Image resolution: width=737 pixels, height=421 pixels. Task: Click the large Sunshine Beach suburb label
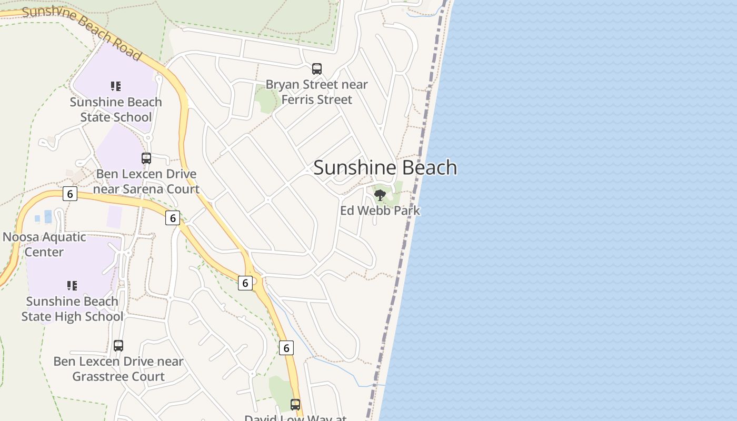coord(385,167)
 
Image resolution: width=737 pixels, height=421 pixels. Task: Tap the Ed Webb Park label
coord(380,210)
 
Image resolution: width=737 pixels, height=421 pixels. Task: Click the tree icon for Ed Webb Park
coord(380,195)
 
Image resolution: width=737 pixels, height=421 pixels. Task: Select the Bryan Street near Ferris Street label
coord(316,92)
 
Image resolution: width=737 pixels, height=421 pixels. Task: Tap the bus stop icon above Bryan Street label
coord(316,68)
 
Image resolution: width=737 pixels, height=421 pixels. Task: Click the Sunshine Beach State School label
coord(116,109)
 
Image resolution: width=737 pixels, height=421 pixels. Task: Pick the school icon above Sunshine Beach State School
coord(116,86)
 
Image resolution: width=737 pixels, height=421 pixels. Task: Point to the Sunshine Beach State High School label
coord(72,309)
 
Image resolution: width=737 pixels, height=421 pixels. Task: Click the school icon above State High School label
coord(72,286)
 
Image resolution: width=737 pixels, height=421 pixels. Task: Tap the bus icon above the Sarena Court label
coord(146,158)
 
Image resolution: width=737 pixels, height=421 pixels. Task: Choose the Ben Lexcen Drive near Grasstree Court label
coord(118,369)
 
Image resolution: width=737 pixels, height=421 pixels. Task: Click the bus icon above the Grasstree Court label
coord(118,346)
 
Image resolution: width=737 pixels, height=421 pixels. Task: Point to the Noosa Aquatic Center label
coord(44,244)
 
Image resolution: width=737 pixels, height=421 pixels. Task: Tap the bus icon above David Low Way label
coord(295,404)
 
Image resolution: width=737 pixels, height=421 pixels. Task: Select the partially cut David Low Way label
coord(295,418)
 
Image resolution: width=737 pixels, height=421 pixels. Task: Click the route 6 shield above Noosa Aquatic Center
coord(69,194)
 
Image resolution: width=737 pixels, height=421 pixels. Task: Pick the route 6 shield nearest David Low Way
coord(286,348)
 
